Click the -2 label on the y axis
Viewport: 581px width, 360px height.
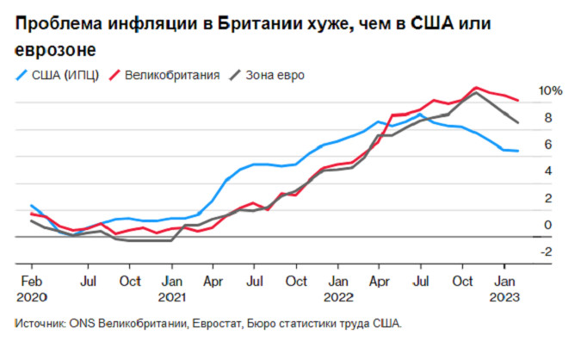pos(547,251)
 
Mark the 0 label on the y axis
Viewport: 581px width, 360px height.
pos(547,225)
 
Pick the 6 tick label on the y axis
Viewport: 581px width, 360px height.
pos(547,145)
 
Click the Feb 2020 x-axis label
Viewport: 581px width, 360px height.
pos(31,289)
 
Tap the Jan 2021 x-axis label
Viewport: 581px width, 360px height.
pos(173,289)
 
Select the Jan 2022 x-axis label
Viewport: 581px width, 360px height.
pos(338,289)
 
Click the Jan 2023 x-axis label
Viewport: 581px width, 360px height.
pos(505,289)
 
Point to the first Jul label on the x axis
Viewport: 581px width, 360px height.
pos(87,281)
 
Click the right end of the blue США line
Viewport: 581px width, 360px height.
pos(517,152)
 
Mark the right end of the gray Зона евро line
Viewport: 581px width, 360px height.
pos(517,123)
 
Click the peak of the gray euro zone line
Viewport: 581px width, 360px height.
pos(476,92)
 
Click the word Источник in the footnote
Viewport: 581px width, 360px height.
pos(39,326)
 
